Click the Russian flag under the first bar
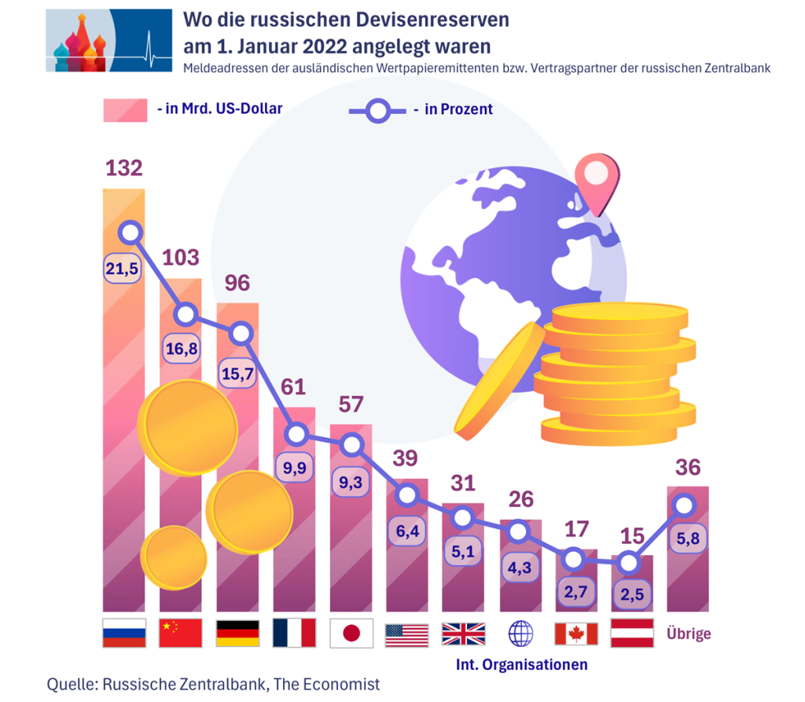point(124,633)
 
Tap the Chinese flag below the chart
point(181,633)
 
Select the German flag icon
point(237,633)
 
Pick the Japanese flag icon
point(351,633)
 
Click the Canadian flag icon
point(576,633)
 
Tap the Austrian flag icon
point(632,633)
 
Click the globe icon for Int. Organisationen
point(520,633)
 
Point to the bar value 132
point(124,168)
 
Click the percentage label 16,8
point(181,348)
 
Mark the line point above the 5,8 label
point(686,505)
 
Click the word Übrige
point(688,633)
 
